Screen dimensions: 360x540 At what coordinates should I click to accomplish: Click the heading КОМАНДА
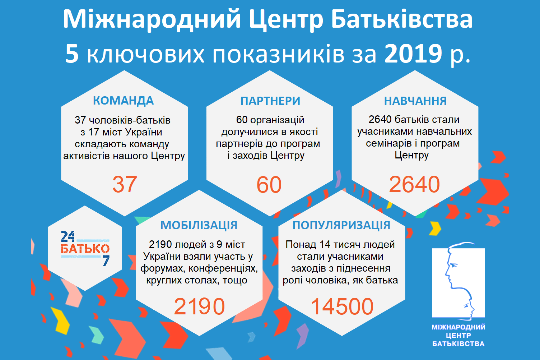(x=123, y=101)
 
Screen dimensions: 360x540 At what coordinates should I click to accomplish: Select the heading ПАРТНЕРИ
(x=270, y=101)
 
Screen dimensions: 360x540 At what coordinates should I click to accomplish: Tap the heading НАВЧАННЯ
(x=415, y=101)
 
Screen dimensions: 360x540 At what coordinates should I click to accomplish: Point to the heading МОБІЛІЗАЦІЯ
(x=199, y=225)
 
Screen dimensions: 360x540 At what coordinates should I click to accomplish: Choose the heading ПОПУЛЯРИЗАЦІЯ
(x=341, y=225)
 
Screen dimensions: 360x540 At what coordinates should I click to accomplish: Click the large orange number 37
(x=125, y=184)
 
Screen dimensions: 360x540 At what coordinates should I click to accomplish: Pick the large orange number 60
(x=269, y=185)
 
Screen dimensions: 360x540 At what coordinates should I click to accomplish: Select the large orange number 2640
(x=414, y=184)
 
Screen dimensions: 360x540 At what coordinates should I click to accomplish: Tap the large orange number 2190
(x=199, y=306)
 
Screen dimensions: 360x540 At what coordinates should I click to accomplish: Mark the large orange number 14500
(x=342, y=306)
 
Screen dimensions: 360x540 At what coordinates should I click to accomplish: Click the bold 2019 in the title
(x=413, y=54)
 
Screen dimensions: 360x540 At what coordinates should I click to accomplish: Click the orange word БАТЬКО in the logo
(x=85, y=249)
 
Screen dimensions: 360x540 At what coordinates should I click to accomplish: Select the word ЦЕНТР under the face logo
(x=458, y=336)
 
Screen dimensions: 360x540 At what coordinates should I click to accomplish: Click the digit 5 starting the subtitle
(x=72, y=54)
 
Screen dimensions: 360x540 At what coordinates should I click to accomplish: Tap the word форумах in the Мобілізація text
(x=163, y=268)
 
